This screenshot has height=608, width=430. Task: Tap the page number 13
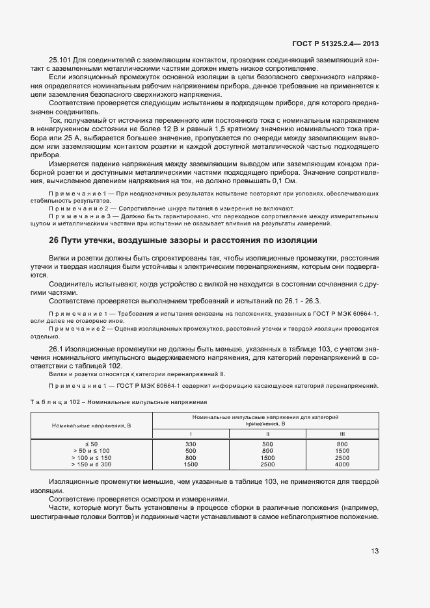[x=375, y=551]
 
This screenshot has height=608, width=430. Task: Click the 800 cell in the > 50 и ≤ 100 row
[x=267, y=450]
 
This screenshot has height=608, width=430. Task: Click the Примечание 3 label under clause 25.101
[x=76, y=216]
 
